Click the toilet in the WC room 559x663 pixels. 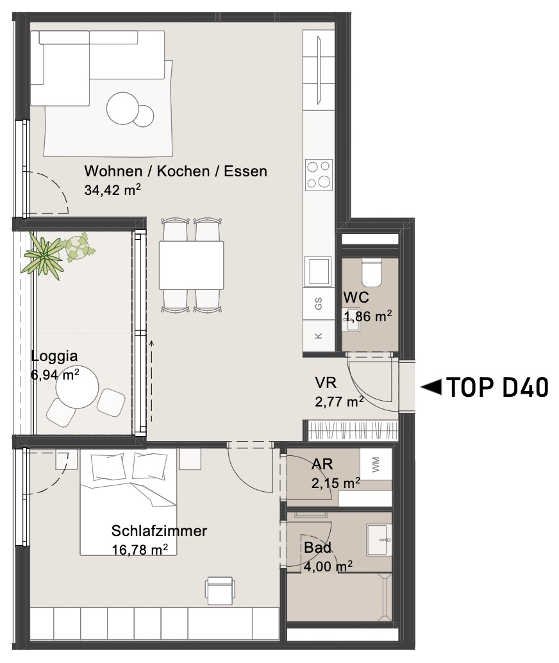pos(372,272)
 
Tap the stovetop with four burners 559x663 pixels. pos(319,174)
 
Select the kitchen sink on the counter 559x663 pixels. pos(319,271)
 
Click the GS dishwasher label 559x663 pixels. pos(319,303)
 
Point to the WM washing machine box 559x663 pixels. pos(376,464)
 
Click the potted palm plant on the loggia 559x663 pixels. pos(43,256)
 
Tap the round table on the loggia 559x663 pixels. pos(78,387)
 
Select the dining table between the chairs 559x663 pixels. pos(191,265)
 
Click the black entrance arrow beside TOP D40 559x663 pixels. pos(431,387)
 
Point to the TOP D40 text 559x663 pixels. pos(497,387)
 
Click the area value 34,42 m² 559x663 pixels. pos(112,190)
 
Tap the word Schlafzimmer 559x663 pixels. pos(159,531)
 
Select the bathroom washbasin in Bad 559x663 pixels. pos(380,539)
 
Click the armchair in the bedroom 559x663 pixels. pos(220,591)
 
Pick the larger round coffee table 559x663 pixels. pos(122,108)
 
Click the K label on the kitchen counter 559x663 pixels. pos(319,336)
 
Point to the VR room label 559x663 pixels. pos(326,383)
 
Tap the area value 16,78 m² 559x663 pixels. pos(140,550)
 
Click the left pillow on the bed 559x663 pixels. pos(109,467)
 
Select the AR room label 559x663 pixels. pos(322,464)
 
